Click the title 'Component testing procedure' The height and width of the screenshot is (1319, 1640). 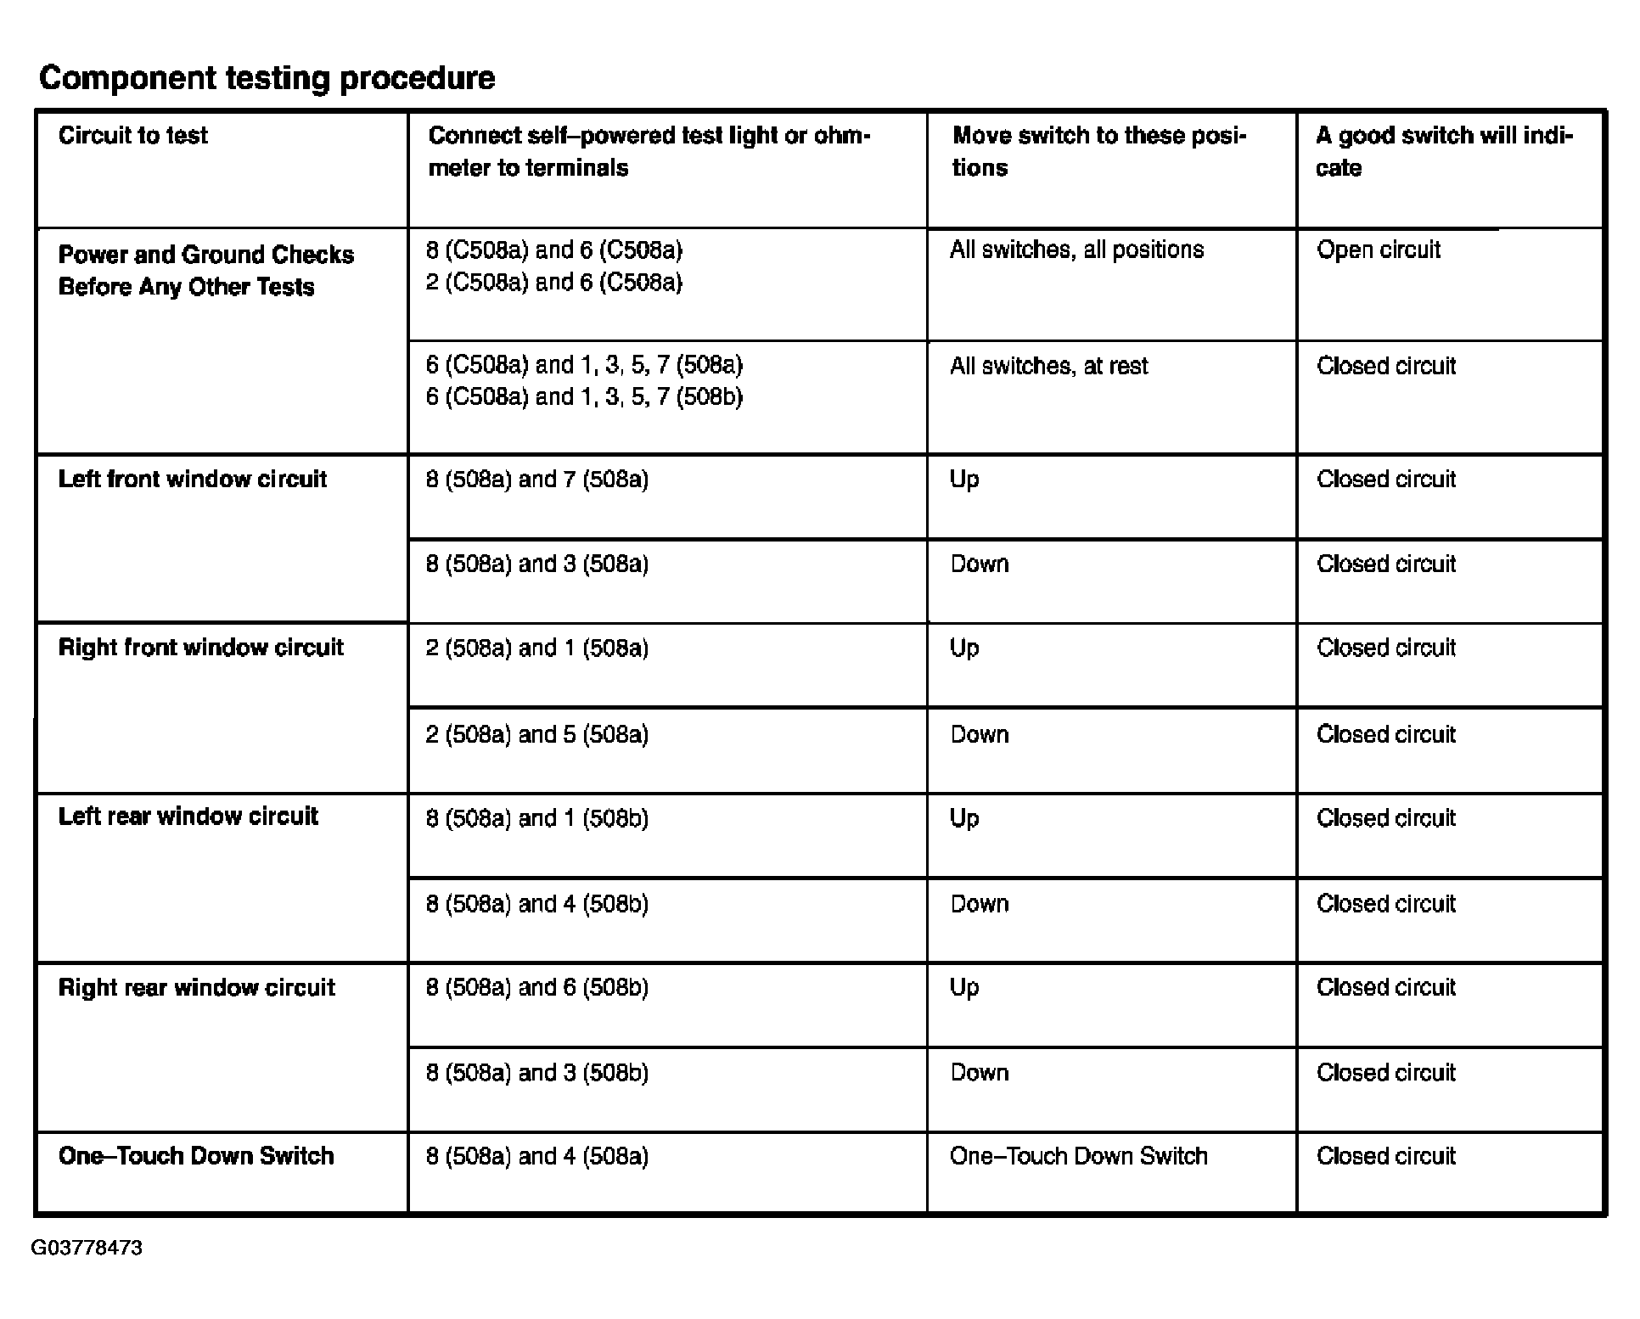[x=267, y=78]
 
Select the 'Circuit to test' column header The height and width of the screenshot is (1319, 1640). [x=133, y=136]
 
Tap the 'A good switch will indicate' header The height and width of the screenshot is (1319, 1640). [x=1444, y=151]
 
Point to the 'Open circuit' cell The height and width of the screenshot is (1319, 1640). [x=1379, y=250]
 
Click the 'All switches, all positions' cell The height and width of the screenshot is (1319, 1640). [x=1076, y=250]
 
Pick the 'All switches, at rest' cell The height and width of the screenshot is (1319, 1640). [x=1048, y=366]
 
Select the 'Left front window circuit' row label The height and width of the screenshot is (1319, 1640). [x=193, y=480]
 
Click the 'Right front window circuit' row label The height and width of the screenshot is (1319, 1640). [x=201, y=648]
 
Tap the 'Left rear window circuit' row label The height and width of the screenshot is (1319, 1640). [x=188, y=817]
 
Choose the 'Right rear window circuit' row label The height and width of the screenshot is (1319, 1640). [x=197, y=988]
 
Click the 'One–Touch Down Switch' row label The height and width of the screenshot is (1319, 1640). [x=196, y=1156]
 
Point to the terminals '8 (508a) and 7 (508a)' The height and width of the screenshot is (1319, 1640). [x=537, y=480]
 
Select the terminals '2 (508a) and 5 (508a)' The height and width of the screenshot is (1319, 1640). [x=537, y=734]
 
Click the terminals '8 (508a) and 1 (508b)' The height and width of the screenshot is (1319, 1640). [x=537, y=818]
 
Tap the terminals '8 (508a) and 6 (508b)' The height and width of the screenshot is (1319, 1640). [x=537, y=988]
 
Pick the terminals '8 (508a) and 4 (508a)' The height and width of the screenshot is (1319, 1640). [x=537, y=1156]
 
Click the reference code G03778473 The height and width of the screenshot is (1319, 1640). [x=87, y=1248]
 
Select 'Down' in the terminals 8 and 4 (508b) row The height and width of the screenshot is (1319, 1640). [x=980, y=904]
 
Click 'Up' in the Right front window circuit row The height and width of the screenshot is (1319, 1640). [x=964, y=648]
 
